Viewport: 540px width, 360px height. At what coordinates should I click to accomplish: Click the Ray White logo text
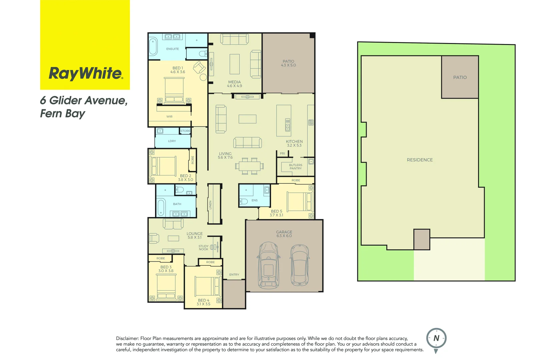86,73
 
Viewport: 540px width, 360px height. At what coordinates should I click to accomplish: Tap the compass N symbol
436,338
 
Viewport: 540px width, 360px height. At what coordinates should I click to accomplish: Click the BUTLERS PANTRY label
295,167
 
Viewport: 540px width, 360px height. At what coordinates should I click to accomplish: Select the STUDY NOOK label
203,248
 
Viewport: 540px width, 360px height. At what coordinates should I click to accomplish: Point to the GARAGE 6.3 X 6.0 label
284,234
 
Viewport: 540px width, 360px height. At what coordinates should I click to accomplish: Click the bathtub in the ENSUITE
153,46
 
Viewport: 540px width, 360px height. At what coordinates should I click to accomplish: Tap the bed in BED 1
174,90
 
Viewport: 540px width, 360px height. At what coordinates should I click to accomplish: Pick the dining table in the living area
249,166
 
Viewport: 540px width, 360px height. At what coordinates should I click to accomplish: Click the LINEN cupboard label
210,205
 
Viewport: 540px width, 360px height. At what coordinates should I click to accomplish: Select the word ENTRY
234,275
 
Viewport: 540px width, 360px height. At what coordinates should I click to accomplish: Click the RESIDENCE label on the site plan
420,160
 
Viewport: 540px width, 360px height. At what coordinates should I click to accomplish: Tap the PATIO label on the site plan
460,77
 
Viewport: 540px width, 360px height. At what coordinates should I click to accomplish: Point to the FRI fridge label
282,154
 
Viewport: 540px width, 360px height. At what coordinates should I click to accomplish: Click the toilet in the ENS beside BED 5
243,201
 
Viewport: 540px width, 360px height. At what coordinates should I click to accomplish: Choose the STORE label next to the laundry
185,131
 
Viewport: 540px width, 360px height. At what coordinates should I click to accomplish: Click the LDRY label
172,141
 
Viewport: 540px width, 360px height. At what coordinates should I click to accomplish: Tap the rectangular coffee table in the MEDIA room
235,64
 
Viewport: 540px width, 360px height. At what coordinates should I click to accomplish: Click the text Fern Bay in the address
63,114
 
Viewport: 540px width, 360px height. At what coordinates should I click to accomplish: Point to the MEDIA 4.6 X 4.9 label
234,84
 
